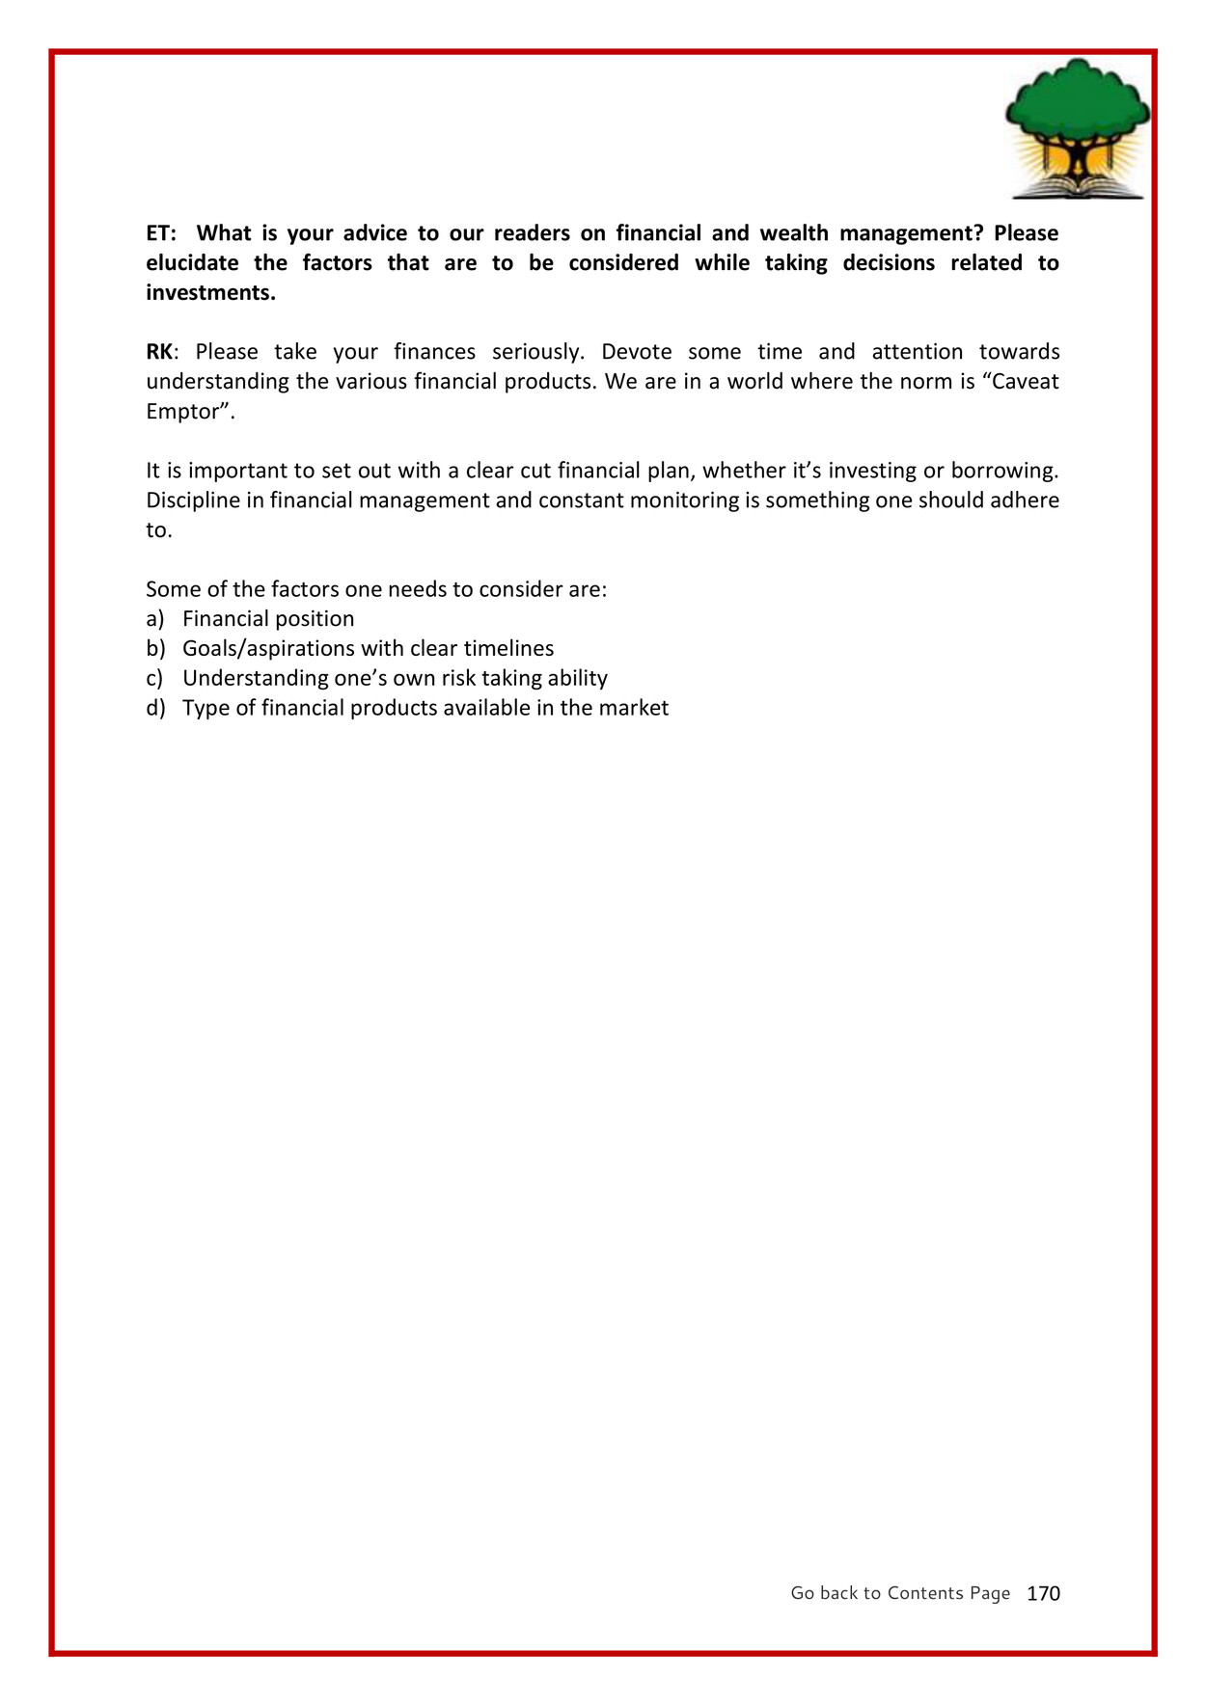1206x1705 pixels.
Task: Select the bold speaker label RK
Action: [159, 352]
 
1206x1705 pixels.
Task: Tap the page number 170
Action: [1043, 1593]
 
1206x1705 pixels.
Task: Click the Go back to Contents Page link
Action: [900, 1593]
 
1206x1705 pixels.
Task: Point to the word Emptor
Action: [187, 412]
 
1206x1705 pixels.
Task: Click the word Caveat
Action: [1027, 382]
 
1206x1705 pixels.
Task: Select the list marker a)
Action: [155, 619]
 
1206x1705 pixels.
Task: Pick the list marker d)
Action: [155, 709]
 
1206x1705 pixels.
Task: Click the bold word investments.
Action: [210, 293]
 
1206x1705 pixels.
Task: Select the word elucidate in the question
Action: [192, 263]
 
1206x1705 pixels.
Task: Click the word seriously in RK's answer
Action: [537, 352]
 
